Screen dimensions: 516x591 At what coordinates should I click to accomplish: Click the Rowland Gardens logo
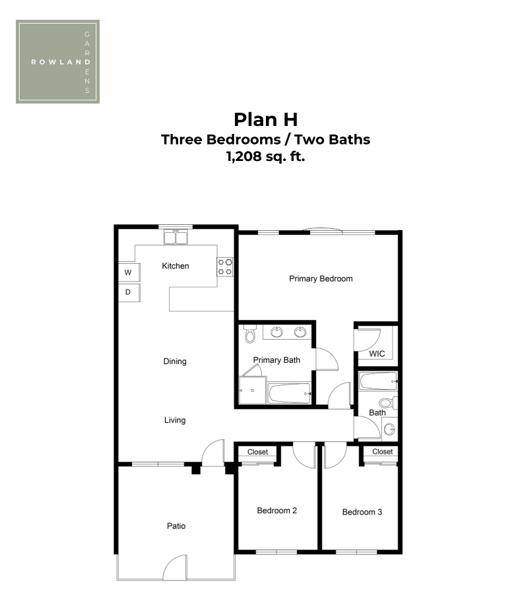tap(57, 61)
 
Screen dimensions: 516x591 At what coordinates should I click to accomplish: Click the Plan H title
tap(265, 119)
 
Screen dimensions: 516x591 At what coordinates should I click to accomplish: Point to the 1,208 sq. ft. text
tap(265, 156)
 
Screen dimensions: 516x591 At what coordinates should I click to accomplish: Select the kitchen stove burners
tap(225, 266)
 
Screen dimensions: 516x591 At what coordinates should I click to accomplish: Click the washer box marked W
tap(129, 272)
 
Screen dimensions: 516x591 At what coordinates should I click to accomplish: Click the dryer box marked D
tap(129, 292)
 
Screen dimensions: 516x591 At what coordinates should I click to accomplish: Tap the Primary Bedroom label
tap(321, 278)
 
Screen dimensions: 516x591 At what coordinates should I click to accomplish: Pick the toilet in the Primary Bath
tap(249, 334)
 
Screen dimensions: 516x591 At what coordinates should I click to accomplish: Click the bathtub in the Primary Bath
tap(289, 393)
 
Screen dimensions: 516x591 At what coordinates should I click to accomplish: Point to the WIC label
tap(377, 354)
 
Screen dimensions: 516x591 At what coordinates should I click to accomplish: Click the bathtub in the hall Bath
tap(378, 381)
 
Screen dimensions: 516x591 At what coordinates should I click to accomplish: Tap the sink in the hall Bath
tap(390, 429)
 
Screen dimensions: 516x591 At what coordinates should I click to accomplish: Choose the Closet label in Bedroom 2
tap(257, 452)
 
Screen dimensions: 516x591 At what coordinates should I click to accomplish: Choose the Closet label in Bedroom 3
tap(383, 451)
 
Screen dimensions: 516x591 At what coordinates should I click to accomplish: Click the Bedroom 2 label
tap(277, 511)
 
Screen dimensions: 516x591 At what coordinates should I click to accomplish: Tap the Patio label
tap(176, 526)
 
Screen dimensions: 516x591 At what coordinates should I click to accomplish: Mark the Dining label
tap(175, 361)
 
